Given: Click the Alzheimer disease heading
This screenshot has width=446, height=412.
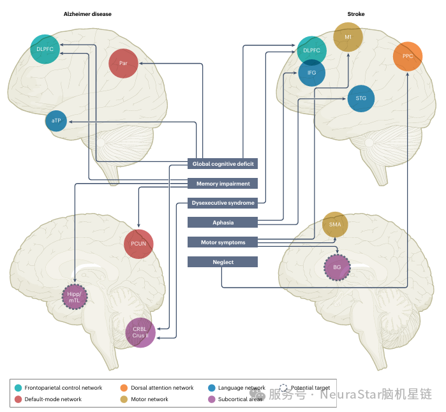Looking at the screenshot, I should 87,14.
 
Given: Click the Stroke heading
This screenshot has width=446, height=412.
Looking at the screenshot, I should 356,14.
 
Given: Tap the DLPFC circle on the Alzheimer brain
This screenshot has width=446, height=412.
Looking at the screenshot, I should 45,48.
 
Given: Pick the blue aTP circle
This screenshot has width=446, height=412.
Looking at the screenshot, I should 56,121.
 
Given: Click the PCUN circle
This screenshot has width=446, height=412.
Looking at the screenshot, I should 138,244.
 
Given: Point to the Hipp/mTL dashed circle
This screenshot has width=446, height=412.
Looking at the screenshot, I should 75,297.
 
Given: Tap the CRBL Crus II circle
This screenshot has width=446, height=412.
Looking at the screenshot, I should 140,332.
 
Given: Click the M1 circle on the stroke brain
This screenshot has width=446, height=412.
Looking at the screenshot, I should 348,38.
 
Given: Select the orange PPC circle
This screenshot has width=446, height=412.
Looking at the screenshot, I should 408,57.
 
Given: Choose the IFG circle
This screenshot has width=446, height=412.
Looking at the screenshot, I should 311,72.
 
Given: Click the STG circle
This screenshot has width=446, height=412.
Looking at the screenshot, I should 361,98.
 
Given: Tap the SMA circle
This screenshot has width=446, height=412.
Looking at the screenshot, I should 335,224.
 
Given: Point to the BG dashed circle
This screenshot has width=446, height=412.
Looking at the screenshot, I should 337,267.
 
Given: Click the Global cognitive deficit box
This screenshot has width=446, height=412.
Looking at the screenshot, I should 223,164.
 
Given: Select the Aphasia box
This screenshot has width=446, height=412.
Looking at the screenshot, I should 223,223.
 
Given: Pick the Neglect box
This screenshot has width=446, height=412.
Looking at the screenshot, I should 223,262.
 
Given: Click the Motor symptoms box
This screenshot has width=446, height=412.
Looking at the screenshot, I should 223,242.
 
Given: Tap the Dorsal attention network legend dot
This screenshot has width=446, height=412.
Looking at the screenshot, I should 124,388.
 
